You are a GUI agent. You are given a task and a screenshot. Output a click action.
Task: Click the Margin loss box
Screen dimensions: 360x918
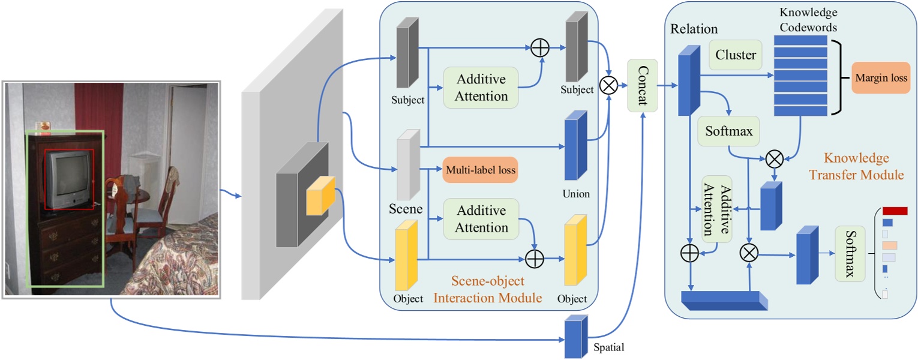(x=880, y=78)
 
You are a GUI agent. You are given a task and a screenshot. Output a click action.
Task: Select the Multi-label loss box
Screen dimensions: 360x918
(x=480, y=170)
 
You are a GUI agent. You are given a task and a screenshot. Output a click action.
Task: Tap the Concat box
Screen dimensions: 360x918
(x=641, y=85)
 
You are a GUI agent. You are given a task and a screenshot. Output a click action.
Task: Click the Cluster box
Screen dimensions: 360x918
(x=736, y=55)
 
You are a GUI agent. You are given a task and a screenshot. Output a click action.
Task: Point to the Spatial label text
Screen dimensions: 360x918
(x=608, y=347)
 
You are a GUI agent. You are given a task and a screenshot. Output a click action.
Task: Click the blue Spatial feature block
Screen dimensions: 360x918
(x=575, y=337)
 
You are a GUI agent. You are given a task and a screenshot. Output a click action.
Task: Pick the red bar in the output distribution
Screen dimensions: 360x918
(x=895, y=211)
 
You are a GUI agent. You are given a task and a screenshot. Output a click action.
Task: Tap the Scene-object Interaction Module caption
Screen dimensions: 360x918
(x=487, y=289)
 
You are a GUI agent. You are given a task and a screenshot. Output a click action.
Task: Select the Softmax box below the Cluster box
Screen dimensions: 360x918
(x=729, y=130)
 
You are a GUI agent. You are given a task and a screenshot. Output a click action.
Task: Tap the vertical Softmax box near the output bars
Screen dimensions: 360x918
(x=850, y=254)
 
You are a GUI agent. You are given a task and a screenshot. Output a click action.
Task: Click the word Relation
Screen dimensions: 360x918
(x=694, y=29)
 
